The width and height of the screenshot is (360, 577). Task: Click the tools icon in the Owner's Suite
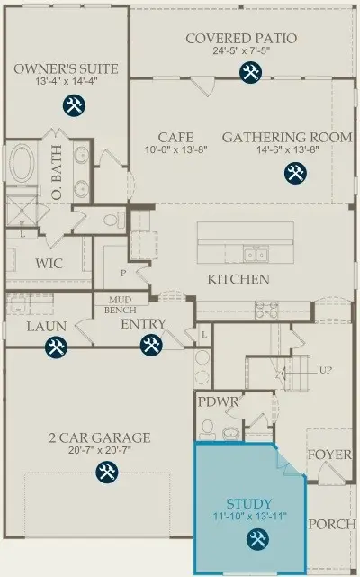pyautogui.click(x=74, y=105)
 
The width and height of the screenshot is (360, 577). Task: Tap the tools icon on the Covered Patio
pyautogui.click(x=251, y=72)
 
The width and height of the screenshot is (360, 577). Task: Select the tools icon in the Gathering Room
pyautogui.click(x=295, y=173)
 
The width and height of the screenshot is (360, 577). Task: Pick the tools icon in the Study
pyautogui.click(x=257, y=539)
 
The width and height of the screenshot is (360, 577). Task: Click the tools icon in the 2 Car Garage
pyautogui.click(x=107, y=472)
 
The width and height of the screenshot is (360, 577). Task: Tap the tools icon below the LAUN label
pyautogui.click(x=57, y=347)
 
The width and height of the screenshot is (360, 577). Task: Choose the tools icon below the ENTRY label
pyautogui.click(x=151, y=345)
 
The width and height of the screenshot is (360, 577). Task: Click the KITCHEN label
pyautogui.click(x=238, y=279)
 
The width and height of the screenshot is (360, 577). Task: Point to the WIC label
pyautogui.click(x=49, y=264)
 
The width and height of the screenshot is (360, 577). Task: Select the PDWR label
pyautogui.click(x=219, y=401)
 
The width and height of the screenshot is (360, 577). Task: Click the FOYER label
pyautogui.click(x=329, y=455)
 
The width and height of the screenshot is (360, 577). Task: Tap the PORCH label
pyautogui.click(x=332, y=525)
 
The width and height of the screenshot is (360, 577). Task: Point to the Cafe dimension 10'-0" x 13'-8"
pyautogui.click(x=176, y=149)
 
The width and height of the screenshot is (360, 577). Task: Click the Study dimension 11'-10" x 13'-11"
pyautogui.click(x=250, y=517)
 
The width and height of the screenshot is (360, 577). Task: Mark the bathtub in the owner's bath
pyautogui.click(x=22, y=163)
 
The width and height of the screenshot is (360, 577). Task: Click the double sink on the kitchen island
pyautogui.click(x=255, y=254)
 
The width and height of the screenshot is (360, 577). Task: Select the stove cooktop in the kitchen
pyautogui.click(x=267, y=310)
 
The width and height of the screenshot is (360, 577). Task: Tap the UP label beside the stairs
pyautogui.click(x=326, y=370)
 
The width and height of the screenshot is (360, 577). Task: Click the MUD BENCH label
pyautogui.click(x=121, y=305)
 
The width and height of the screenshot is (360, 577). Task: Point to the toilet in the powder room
pyautogui.click(x=208, y=429)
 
